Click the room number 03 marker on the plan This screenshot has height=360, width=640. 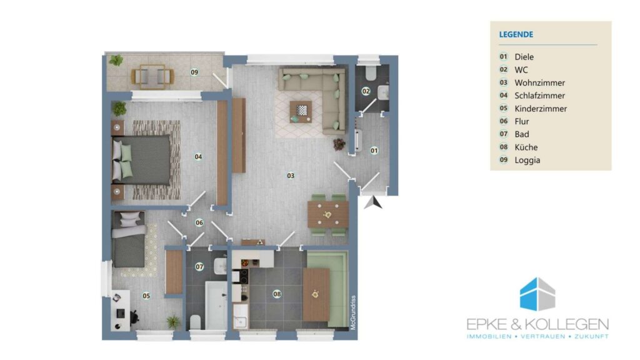[x=291, y=176]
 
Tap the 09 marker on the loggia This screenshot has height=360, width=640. [x=194, y=72]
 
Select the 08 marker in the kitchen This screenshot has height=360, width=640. [x=277, y=294]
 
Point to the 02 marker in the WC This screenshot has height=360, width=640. [x=366, y=91]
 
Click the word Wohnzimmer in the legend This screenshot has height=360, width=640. [x=539, y=83]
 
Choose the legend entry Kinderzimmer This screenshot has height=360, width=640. [x=541, y=109]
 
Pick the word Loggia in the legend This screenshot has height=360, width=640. [x=527, y=160]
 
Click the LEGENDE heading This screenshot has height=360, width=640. [x=516, y=34]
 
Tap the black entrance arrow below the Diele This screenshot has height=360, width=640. [x=374, y=202]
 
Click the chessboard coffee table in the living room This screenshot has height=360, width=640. [x=301, y=111]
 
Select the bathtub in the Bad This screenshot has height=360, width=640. [x=216, y=305]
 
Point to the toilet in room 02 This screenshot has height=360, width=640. [x=371, y=72]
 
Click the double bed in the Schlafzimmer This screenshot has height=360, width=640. [x=141, y=160]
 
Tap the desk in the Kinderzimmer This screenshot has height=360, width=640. [x=121, y=310]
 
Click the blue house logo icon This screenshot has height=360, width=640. [x=537, y=294]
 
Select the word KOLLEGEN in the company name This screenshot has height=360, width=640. [x=566, y=324]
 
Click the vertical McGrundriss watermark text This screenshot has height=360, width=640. [x=354, y=312]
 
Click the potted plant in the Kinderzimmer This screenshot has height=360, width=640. [x=173, y=322]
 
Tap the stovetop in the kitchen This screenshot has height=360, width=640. [x=244, y=276]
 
